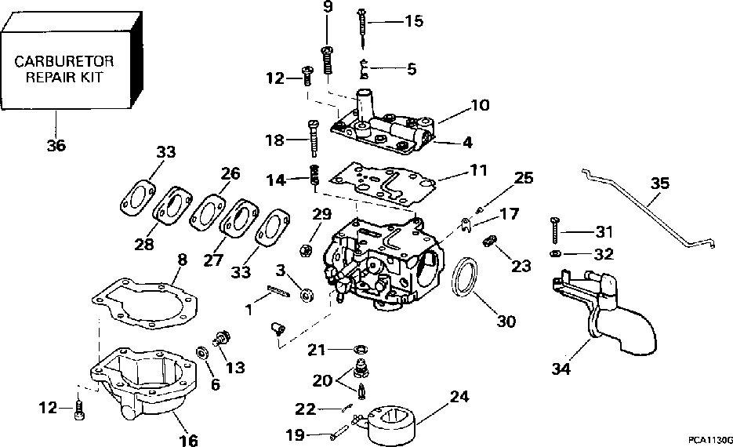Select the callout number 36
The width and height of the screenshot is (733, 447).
click(x=56, y=146)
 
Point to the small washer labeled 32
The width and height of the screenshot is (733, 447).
click(x=554, y=254)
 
